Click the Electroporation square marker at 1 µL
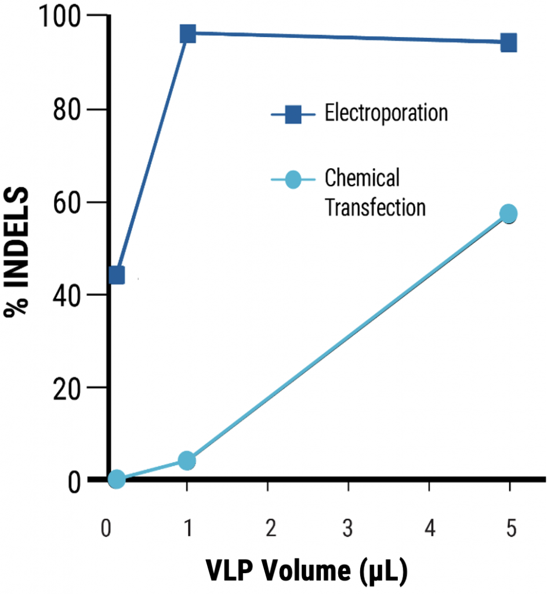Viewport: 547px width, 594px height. tap(187, 34)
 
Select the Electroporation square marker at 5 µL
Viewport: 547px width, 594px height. tap(509, 43)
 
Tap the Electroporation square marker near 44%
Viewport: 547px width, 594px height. tap(117, 274)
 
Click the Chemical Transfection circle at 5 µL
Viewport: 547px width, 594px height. tap(509, 213)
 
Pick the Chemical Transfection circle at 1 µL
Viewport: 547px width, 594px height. tap(187, 461)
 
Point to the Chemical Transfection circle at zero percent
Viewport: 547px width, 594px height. tap(117, 479)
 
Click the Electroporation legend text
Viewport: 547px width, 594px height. tap(386, 113)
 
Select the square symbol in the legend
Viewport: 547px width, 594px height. tap(292, 114)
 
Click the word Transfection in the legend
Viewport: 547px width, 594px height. tap(375, 207)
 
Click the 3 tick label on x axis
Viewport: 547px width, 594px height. tap(348, 530)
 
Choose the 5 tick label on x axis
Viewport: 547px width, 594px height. tap(509, 530)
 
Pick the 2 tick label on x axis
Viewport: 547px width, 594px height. tap(268, 530)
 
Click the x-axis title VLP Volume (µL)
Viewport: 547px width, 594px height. tap(307, 571)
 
